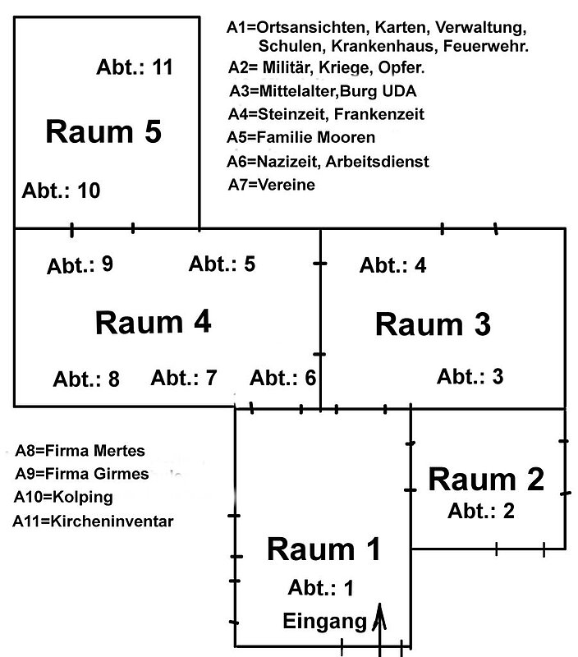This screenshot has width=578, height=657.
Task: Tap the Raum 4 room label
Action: [x=154, y=322]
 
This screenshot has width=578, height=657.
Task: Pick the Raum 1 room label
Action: [x=324, y=549]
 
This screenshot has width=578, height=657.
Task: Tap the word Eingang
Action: [x=324, y=622]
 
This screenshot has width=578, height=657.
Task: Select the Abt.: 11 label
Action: [x=135, y=67]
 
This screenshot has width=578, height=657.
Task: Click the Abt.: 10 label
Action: [x=62, y=191]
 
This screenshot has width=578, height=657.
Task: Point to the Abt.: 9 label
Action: [x=80, y=265]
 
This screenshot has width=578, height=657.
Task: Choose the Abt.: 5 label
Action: [x=222, y=264]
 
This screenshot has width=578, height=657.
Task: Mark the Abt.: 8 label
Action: [x=86, y=379]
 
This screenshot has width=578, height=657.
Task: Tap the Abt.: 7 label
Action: [x=184, y=378]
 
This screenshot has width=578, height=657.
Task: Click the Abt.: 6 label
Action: [x=282, y=378]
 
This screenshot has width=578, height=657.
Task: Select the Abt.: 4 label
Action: [x=392, y=265]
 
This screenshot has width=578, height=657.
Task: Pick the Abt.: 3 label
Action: [x=470, y=376]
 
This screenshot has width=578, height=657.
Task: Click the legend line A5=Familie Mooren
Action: [x=301, y=137]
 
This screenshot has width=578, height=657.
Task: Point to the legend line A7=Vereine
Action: [x=271, y=186]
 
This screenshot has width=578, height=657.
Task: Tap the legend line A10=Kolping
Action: [x=63, y=497]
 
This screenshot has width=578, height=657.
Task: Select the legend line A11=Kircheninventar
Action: [x=93, y=520]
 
